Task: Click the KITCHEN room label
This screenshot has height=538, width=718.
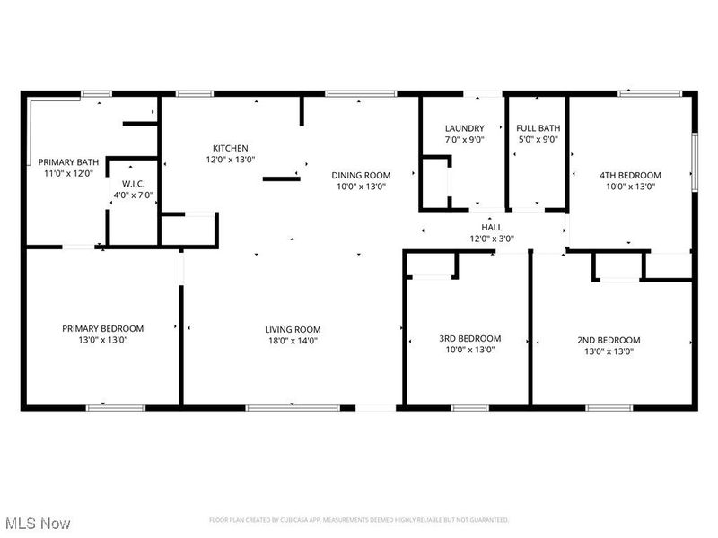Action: [231, 148]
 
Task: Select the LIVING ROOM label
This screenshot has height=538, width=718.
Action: [293, 329]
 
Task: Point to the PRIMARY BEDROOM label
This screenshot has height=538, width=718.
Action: [102, 328]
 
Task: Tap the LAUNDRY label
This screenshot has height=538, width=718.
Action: [465, 128]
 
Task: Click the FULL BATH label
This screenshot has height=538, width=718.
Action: [538, 128]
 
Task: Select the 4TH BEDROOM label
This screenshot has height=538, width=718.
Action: [630, 175]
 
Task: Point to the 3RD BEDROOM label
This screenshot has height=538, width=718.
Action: [469, 338]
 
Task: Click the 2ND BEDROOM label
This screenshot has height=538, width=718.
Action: [609, 340]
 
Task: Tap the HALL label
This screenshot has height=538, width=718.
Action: [493, 228]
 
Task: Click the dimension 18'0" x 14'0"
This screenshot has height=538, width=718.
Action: [293, 341]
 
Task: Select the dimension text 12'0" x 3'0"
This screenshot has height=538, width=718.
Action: [493, 239]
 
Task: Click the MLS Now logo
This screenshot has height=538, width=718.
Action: [37, 522]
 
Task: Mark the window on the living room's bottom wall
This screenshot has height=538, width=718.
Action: [275, 408]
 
